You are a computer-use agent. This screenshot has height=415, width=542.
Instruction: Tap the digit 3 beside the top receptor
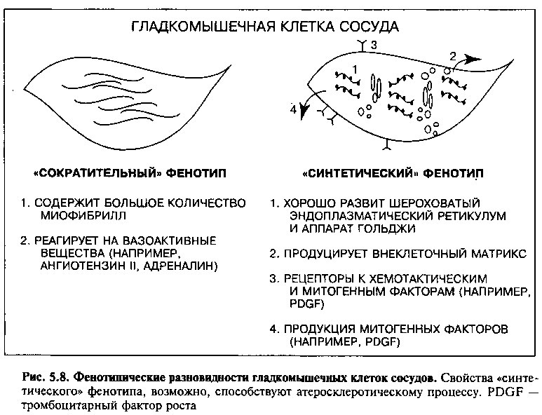tap(374, 45)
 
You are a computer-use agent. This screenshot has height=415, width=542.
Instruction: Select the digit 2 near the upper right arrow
tap(453, 56)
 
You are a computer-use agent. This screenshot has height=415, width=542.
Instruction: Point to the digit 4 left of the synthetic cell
tap(293, 109)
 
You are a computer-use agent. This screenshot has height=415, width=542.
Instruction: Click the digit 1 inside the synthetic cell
tap(355, 69)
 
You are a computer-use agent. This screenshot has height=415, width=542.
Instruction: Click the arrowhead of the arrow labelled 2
tap(472, 59)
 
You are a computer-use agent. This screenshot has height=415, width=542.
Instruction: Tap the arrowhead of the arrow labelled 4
tap(304, 111)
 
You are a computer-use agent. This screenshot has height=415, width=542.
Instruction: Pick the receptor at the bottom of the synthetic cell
tap(387, 144)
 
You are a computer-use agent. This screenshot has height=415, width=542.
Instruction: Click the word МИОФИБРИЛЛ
tap(83, 216)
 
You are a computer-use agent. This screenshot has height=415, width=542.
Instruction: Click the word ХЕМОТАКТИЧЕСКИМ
tap(428, 278)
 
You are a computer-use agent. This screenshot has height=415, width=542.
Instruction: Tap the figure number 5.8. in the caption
tap(57, 377)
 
